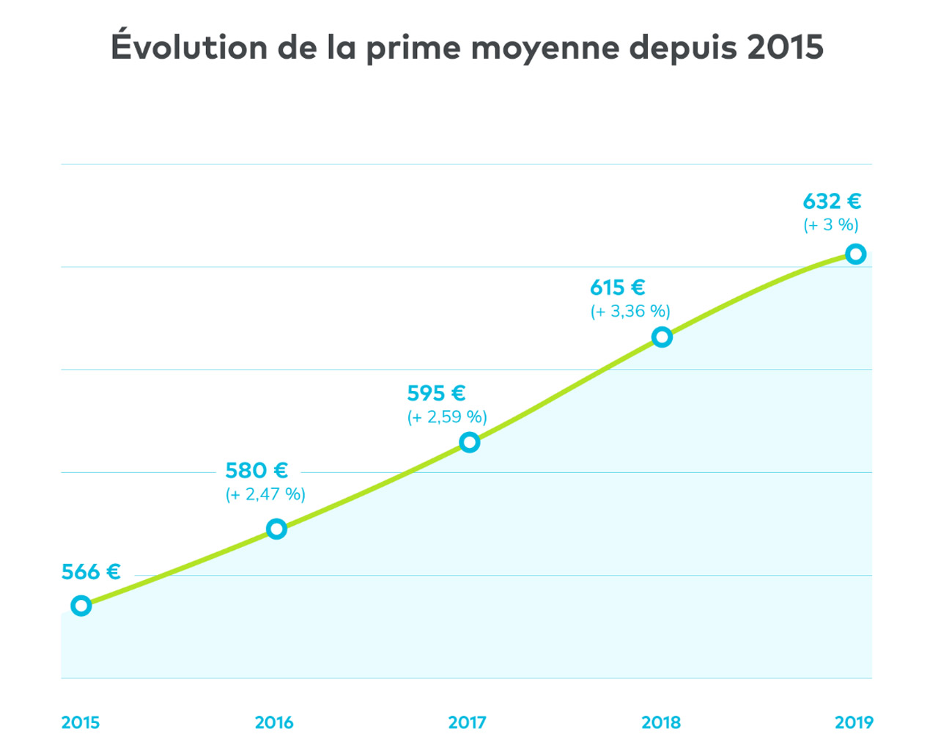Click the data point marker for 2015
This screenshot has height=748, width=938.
(81, 606)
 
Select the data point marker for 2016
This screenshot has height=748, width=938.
(276, 529)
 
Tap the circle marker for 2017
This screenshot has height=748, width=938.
(470, 442)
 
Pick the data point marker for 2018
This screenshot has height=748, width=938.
(662, 337)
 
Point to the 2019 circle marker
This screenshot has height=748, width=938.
(855, 254)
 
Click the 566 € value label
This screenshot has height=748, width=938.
(91, 572)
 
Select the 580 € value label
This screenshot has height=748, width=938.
(256, 470)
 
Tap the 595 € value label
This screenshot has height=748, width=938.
(436, 394)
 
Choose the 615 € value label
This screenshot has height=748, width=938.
(617, 287)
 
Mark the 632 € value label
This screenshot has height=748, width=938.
(832, 201)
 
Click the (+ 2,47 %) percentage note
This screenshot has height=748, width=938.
(265, 494)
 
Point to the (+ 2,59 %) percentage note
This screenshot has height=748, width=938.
(447, 417)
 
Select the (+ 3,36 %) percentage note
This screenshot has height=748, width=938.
(630, 312)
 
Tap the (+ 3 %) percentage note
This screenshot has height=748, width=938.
(831, 225)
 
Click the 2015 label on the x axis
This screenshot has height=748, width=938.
(81, 722)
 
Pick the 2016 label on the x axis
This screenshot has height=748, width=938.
(274, 722)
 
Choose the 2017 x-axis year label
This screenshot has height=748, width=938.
(468, 722)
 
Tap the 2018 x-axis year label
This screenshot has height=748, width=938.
(661, 722)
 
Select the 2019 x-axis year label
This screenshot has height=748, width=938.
(854, 722)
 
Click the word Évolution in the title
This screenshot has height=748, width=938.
(189, 47)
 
